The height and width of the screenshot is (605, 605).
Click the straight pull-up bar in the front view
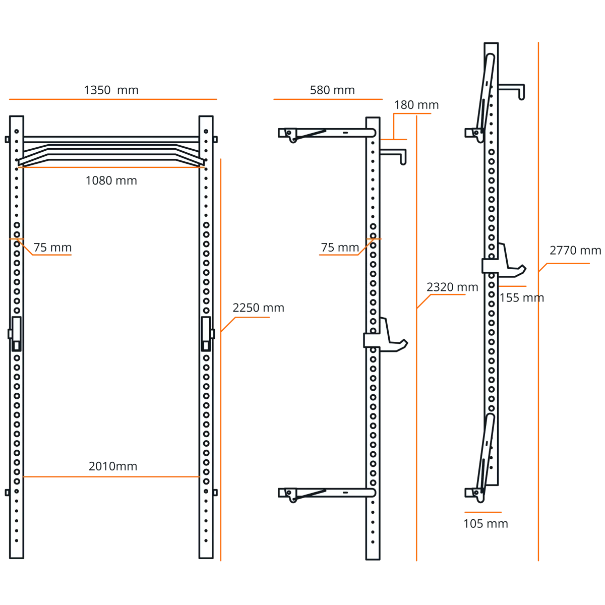(x=111, y=139)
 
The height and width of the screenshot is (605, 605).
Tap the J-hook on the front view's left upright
(x=16, y=333)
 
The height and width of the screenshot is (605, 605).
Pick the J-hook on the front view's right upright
(x=206, y=333)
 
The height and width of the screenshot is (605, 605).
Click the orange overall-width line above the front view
(x=113, y=99)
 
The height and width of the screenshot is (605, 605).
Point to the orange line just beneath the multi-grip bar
(x=111, y=168)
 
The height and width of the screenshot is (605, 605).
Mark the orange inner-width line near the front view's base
(x=111, y=477)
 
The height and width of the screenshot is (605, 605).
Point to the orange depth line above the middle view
(x=327, y=99)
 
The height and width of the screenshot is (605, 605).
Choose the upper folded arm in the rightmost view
(x=486, y=93)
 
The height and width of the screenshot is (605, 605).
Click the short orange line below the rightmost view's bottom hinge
(x=483, y=512)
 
